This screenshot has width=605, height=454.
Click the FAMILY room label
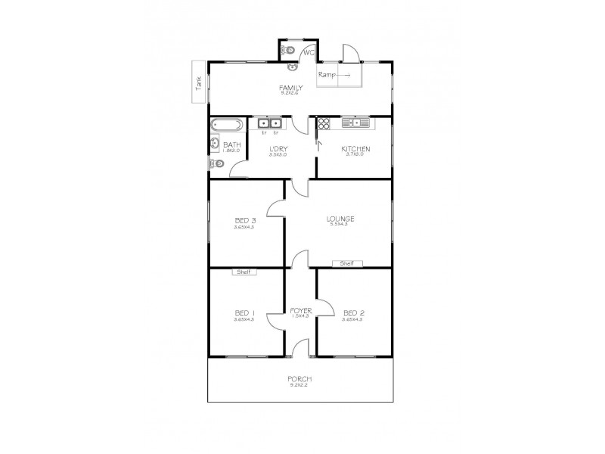click(x=291, y=88)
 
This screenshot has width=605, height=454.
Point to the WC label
click(x=308, y=52)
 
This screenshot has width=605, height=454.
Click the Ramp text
click(x=327, y=75)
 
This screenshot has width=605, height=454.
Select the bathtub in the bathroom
click(x=225, y=124)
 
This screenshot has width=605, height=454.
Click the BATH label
click(x=231, y=145)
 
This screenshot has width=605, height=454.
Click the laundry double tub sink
click(x=269, y=123)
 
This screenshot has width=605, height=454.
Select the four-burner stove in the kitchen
click(x=324, y=124)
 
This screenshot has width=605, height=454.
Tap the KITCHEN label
click(x=354, y=148)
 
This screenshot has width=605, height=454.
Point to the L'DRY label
click(x=278, y=148)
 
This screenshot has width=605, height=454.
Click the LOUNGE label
click(x=340, y=219)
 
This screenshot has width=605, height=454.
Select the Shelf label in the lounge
click(x=347, y=263)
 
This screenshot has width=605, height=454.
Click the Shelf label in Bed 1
click(x=244, y=272)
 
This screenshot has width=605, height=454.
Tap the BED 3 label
click(x=244, y=221)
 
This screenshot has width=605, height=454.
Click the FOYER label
click(x=301, y=310)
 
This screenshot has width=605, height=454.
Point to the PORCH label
click(x=299, y=379)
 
